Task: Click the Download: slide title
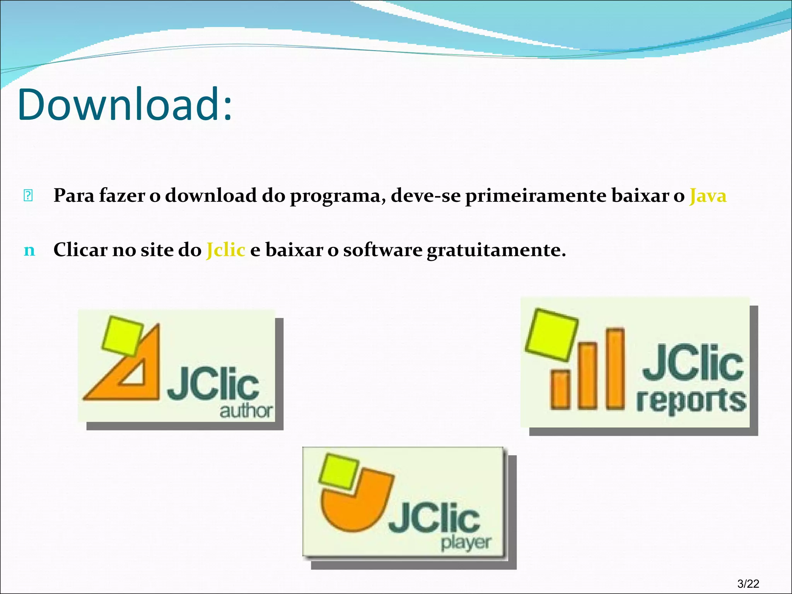(x=125, y=104)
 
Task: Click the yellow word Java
(x=708, y=196)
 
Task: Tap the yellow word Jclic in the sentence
(x=226, y=250)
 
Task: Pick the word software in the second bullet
(x=382, y=250)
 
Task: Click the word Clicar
(x=80, y=250)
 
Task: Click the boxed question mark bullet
(x=28, y=196)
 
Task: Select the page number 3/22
(x=748, y=584)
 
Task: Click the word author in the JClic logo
(x=246, y=411)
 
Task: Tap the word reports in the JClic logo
(x=691, y=401)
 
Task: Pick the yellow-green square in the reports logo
(x=551, y=334)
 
